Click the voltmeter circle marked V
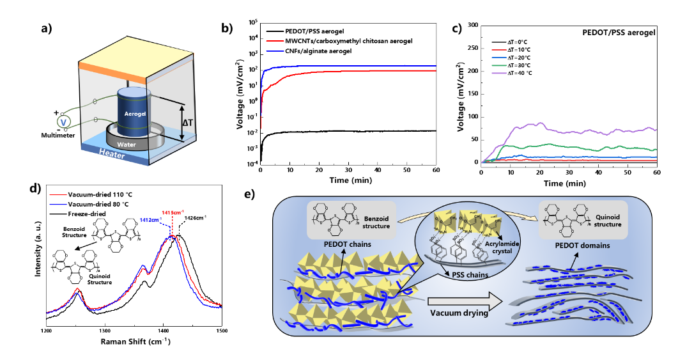(x=63, y=121)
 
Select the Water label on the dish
(x=127, y=145)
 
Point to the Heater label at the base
(x=112, y=154)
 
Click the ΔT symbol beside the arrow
(x=189, y=121)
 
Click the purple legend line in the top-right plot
(x=499, y=73)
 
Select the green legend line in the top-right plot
(x=499, y=65)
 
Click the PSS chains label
(x=466, y=275)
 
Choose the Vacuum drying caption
(x=459, y=313)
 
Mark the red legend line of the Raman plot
(x=58, y=195)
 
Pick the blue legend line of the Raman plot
(x=58, y=205)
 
